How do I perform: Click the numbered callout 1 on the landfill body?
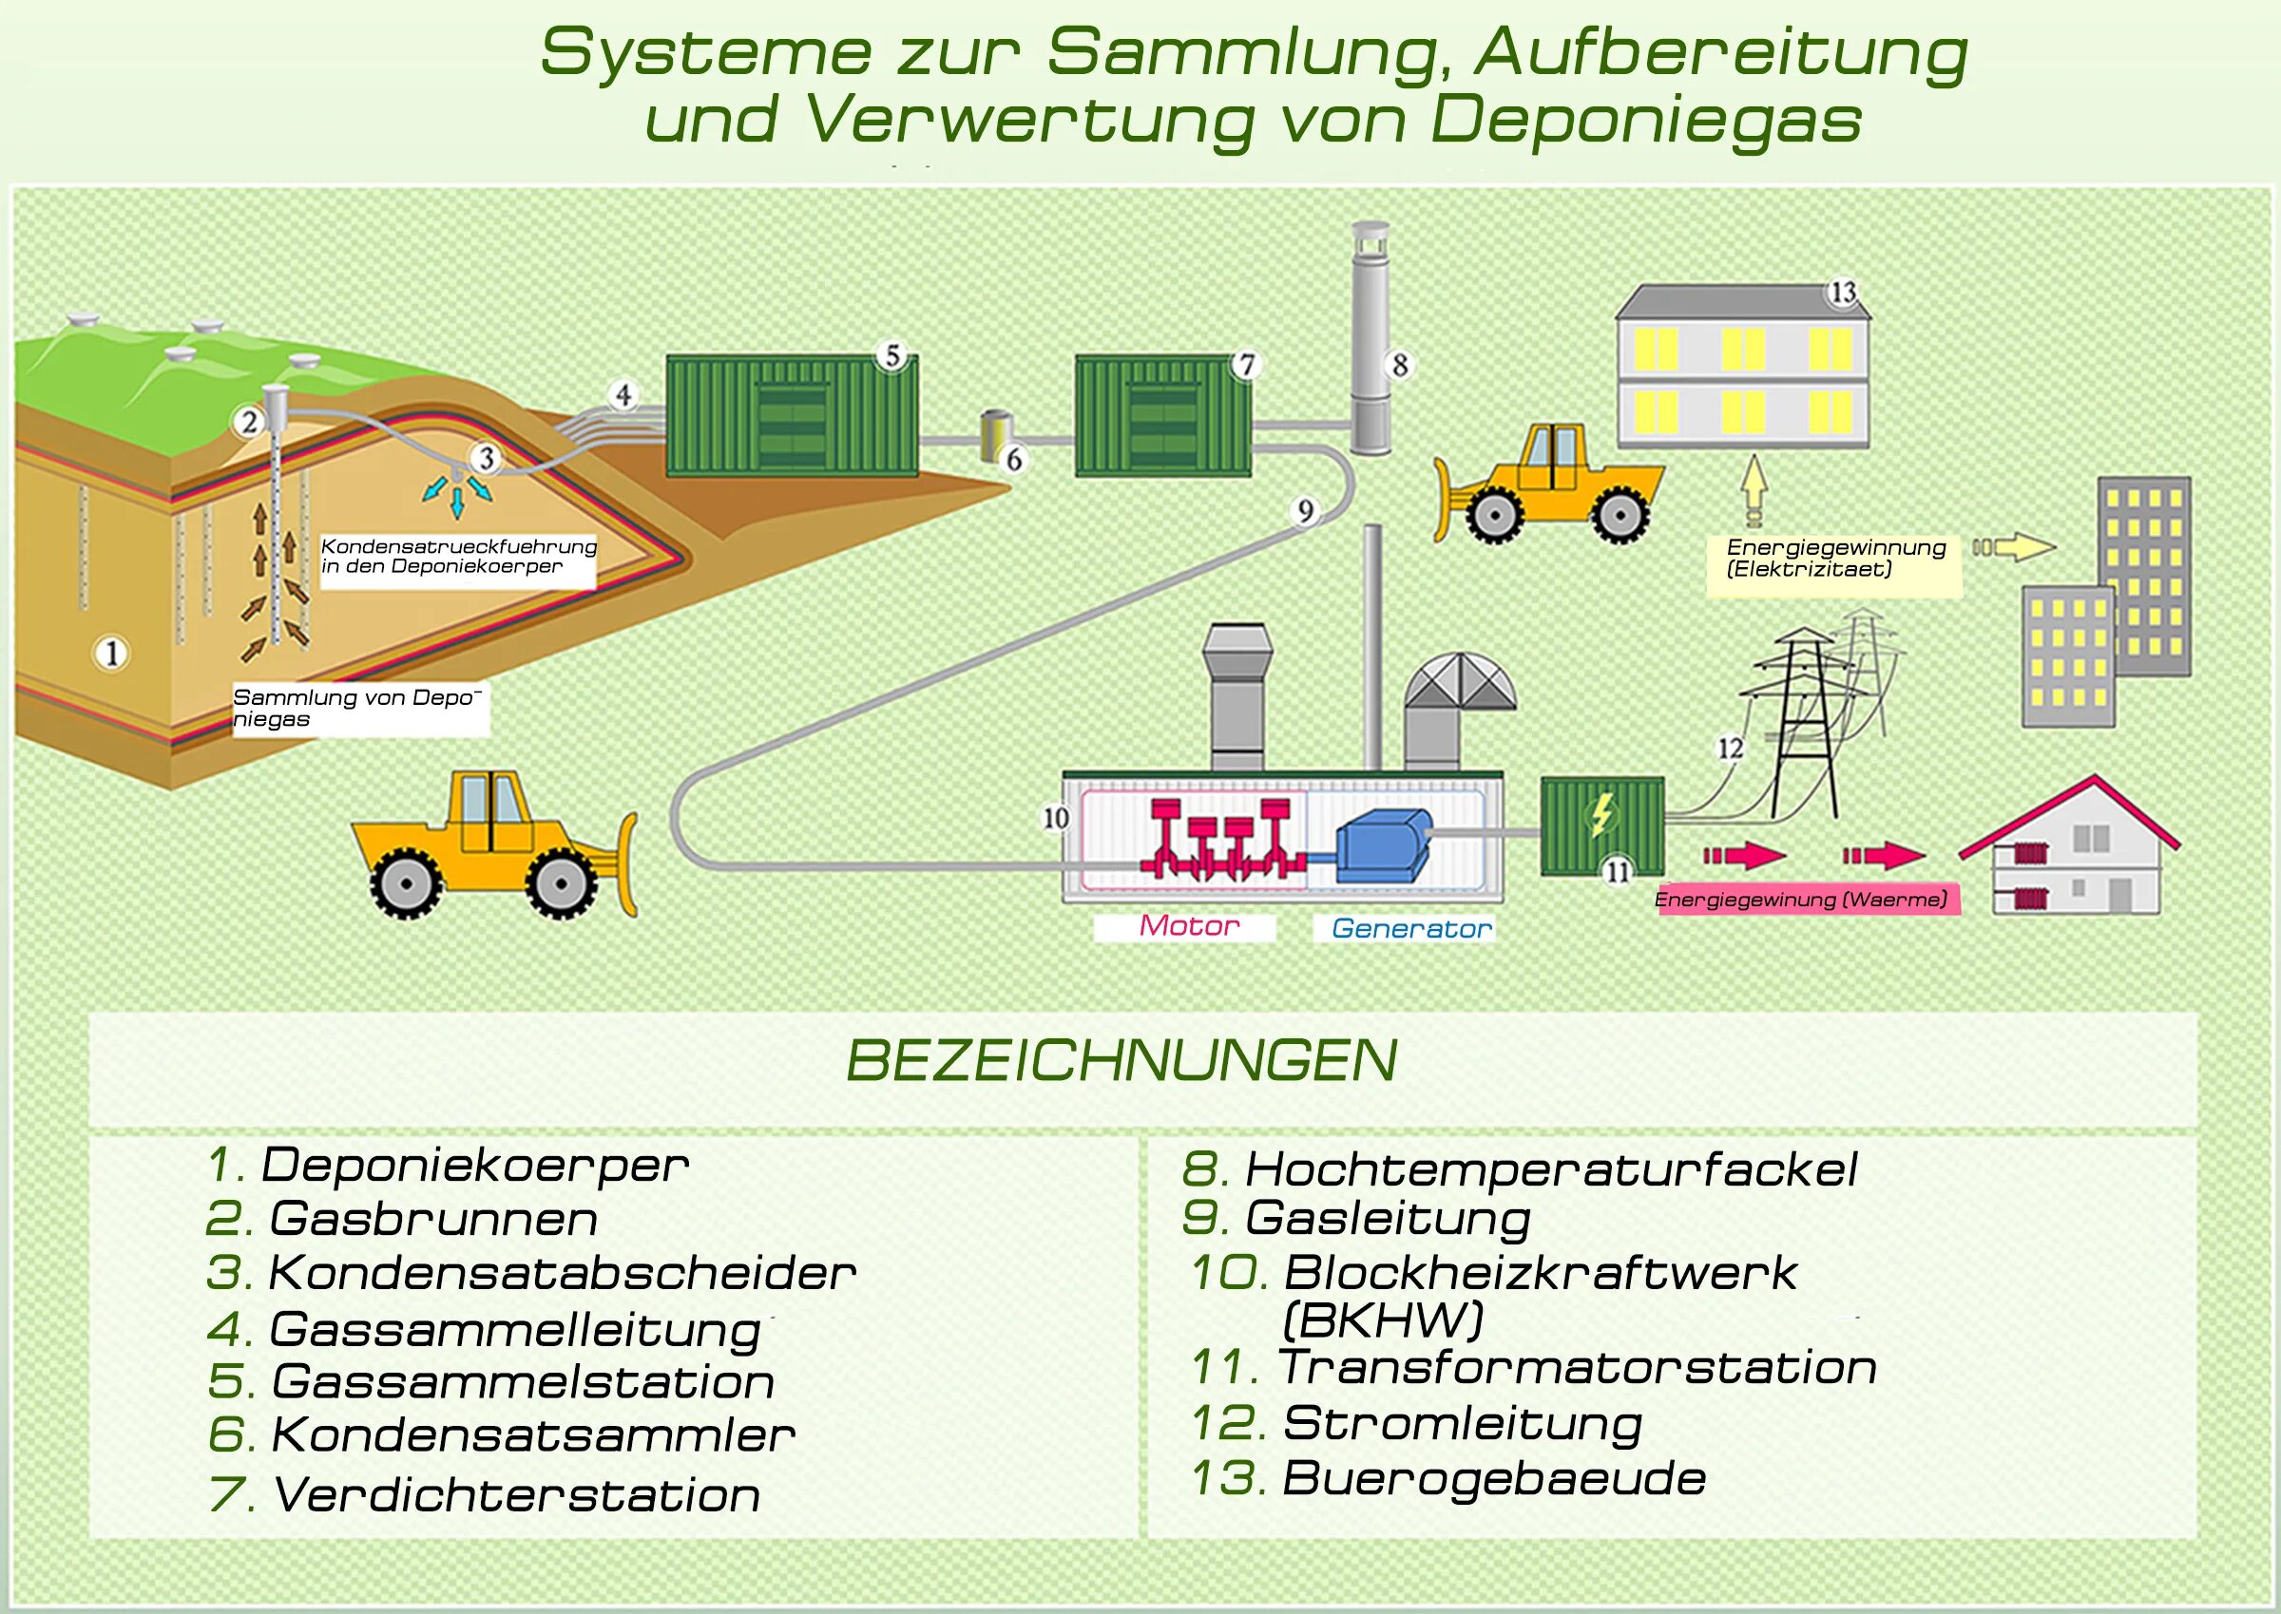click(111, 653)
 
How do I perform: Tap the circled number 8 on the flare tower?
click(1400, 365)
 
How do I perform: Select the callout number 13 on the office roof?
click(1843, 293)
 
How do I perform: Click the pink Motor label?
click(1188, 926)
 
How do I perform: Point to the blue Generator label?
click(1411, 928)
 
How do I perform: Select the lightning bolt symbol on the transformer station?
click(1601, 815)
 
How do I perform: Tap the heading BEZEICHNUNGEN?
click(1121, 1060)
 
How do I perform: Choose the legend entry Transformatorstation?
click(1576, 1368)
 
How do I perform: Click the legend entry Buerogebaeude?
click(1492, 1478)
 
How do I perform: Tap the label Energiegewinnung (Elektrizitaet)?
click(1834, 558)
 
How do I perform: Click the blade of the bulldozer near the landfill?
click(627, 864)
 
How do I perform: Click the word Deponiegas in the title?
click(1644, 121)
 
